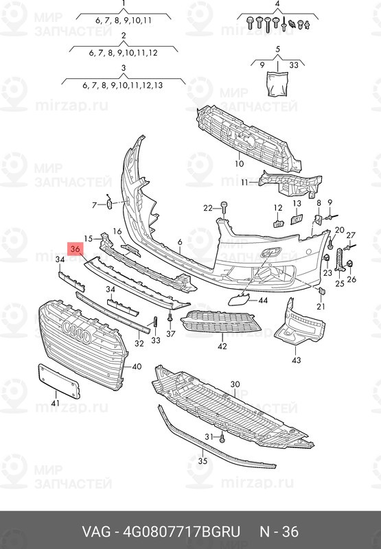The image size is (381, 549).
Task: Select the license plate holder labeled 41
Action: [x=59, y=381]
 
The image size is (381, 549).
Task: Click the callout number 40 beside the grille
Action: [x=137, y=366]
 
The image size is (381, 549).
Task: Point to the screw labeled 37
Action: [x=170, y=318]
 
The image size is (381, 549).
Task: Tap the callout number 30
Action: [x=235, y=384]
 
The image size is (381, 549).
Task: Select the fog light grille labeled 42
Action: [x=220, y=322]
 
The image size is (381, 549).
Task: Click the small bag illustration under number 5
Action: [x=277, y=83]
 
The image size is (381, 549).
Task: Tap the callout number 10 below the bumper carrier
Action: [x=239, y=163]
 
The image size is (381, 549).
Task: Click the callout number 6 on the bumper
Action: [x=180, y=242]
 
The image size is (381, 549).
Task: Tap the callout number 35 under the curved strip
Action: [x=203, y=461]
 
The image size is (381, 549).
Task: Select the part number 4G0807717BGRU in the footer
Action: [x=181, y=531]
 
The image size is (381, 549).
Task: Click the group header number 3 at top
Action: [x=124, y=68]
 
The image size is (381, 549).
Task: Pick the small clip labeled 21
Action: [x=321, y=290]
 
